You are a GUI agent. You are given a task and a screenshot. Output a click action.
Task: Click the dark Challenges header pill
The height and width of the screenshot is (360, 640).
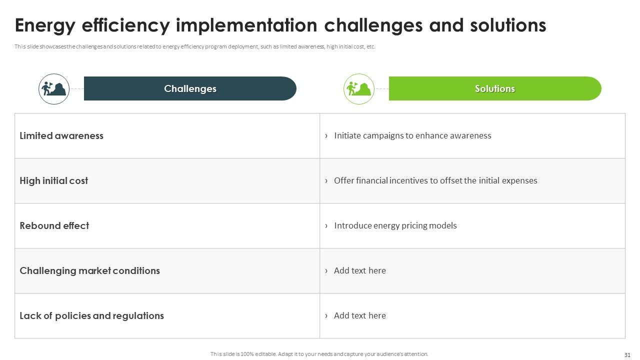[190, 88]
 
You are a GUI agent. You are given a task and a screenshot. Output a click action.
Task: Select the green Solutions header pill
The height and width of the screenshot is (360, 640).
[494, 88]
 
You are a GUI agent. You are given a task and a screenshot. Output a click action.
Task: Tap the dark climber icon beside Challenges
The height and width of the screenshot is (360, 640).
[54, 89]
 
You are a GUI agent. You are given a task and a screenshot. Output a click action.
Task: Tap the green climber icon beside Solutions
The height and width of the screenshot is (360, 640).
[359, 89]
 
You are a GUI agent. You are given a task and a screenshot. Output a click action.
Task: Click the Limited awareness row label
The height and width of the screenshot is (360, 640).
[61, 135]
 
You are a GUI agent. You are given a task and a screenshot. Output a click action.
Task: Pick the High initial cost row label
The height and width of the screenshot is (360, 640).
[53, 180]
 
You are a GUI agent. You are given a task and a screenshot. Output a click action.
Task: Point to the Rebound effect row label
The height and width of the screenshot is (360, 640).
[54, 225]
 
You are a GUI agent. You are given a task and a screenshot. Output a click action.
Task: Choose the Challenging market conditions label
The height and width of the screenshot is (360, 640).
[89, 270]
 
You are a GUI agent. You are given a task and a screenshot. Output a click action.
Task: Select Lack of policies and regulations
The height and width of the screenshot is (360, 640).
[91, 315]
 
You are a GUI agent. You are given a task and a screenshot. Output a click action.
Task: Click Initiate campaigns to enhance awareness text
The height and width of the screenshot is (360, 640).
[412, 135]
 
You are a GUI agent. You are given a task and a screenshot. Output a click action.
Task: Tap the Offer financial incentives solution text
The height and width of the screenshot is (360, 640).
[435, 180]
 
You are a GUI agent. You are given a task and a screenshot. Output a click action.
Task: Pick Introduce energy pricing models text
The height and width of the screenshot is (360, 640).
[395, 225]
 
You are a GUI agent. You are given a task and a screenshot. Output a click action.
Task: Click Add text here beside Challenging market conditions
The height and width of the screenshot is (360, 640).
[359, 270]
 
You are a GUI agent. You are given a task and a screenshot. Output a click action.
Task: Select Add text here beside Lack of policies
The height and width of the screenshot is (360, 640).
[359, 315]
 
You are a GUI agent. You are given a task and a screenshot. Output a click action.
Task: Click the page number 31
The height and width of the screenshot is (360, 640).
[627, 355]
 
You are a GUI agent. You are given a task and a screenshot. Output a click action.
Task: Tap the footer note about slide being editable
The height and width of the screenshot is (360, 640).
[319, 354]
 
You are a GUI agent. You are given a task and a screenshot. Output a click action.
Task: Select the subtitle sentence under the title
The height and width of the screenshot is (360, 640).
[195, 47]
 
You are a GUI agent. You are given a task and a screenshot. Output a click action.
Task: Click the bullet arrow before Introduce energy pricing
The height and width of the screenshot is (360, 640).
[326, 225]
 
